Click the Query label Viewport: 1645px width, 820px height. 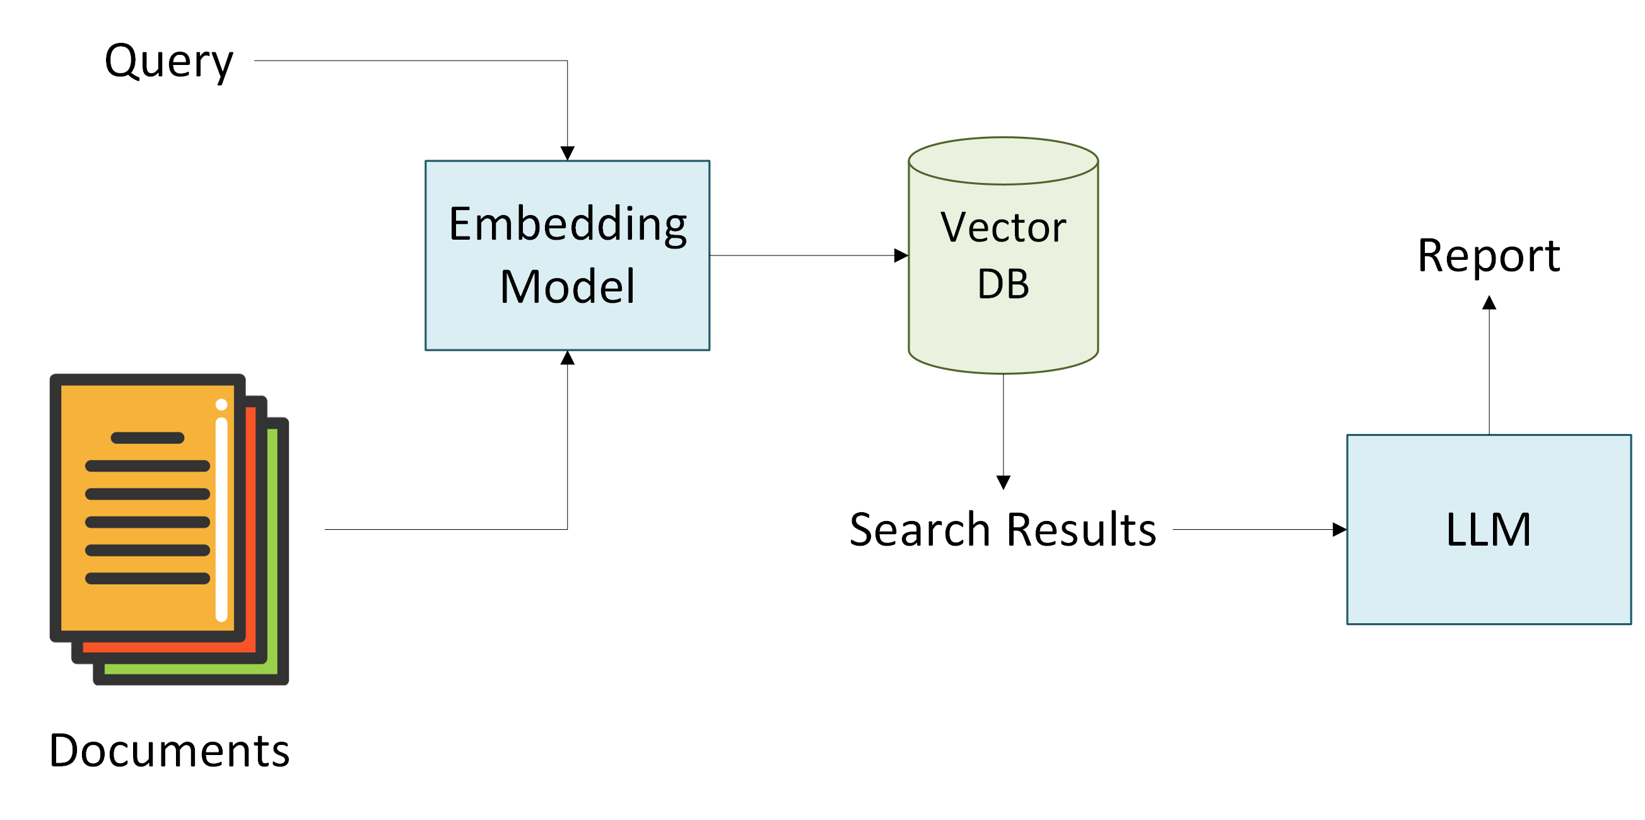coord(169,62)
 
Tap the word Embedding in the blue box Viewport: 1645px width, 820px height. coord(568,225)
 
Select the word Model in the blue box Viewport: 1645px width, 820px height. coord(568,287)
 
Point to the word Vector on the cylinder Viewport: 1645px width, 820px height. coord(1004,227)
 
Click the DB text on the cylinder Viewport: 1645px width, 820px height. coord(1004,284)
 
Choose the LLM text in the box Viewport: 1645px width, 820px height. coord(1489,529)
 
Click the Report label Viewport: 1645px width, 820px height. coord(1489,256)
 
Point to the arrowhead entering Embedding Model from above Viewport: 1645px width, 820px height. coord(568,153)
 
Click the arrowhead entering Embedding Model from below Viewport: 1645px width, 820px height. coord(568,358)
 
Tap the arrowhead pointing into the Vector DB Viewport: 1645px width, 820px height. coord(901,255)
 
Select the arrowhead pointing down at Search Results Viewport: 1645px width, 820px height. coord(1004,483)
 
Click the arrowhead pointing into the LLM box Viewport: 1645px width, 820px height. coord(1340,529)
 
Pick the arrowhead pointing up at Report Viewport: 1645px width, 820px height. coord(1489,303)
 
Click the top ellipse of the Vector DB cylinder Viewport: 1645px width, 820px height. coord(1004,138)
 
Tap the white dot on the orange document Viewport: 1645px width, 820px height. coord(221,404)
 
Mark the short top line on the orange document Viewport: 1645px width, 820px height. coord(148,438)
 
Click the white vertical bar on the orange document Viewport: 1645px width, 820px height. coord(221,520)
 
